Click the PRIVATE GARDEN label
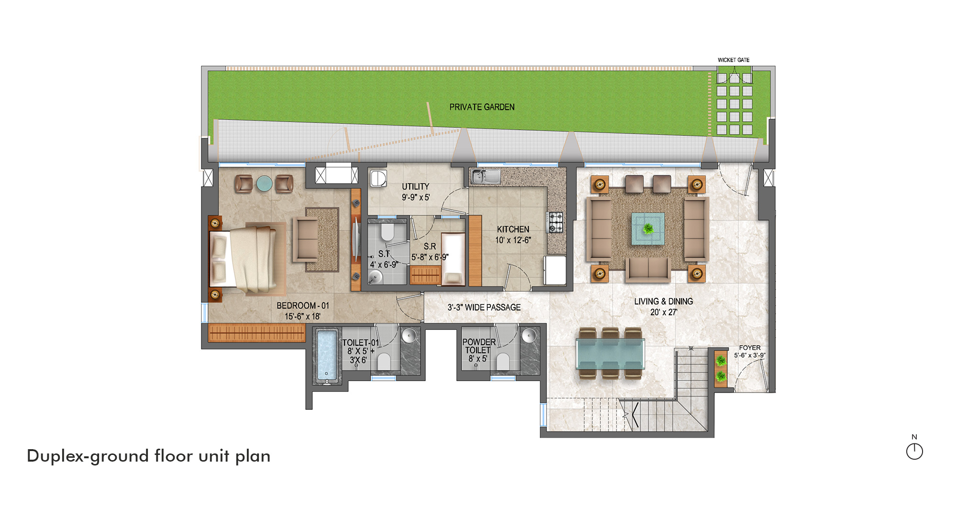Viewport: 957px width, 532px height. click(482, 107)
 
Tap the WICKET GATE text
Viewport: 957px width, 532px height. click(734, 60)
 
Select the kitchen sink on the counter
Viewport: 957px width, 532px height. click(485, 176)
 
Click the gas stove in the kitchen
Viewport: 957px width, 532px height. click(555, 222)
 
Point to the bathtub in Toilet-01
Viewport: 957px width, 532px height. click(327, 356)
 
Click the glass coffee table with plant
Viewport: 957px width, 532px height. click(648, 229)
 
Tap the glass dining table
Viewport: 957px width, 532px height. click(610, 353)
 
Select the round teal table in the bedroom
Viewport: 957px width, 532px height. click(264, 183)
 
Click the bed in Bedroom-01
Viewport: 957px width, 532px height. click(247, 259)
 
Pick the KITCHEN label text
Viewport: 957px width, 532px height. click(513, 229)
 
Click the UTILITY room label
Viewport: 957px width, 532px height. click(415, 187)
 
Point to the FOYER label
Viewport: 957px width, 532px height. click(749, 348)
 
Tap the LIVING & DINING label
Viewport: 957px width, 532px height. click(664, 301)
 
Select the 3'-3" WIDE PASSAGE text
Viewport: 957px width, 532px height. click(484, 307)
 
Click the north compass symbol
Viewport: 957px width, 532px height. click(914, 451)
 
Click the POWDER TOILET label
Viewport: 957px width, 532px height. click(478, 346)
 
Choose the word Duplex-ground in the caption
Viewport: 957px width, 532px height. click(88, 456)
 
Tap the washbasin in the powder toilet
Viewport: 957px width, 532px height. click(528, 335)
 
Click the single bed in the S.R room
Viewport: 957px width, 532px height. click(453, 259)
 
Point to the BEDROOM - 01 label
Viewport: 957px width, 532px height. click(303, 306)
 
